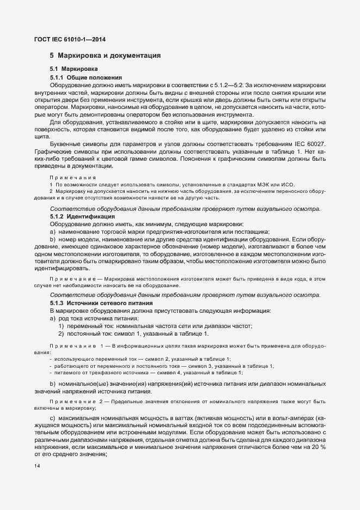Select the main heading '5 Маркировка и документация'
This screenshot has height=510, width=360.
pyautogui.click(x=105, y=56)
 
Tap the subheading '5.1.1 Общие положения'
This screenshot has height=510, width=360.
pyautogui.click(x=86, y=78)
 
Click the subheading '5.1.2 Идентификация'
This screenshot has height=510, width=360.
pyautogui.click(x=82, y=216)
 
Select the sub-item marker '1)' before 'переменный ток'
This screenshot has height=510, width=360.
pyautogui.click(x=62, y=326)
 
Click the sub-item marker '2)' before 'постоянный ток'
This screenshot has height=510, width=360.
pyautogui.click(x=62, y=333)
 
